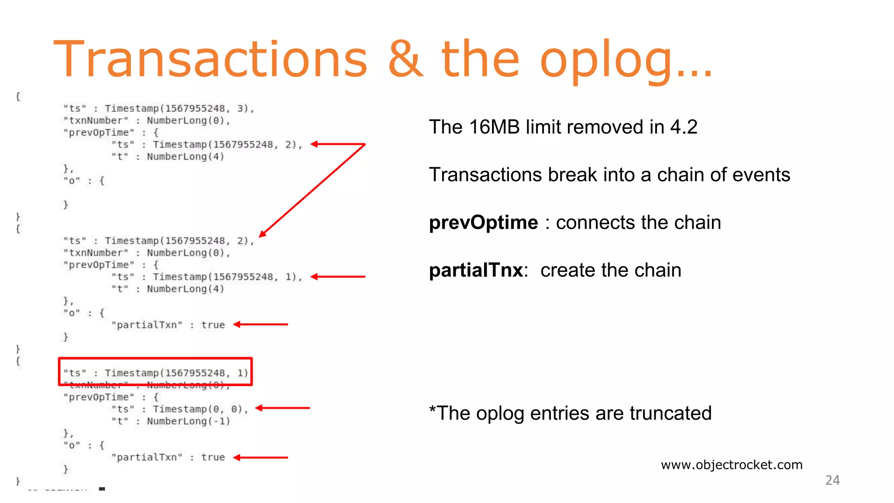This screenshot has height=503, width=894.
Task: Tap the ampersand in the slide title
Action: click(405, 59)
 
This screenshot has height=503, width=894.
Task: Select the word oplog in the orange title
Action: click(607, 61)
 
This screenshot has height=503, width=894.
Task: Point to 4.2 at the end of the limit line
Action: click(684, 127)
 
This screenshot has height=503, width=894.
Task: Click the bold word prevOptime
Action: click(483, 223)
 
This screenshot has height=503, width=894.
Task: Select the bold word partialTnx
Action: click(476, 270)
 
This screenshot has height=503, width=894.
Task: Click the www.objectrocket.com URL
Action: click(732, 465)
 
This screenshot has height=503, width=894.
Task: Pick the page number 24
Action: click(832, 480)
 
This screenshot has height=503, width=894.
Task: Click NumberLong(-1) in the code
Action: click(188, 421)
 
